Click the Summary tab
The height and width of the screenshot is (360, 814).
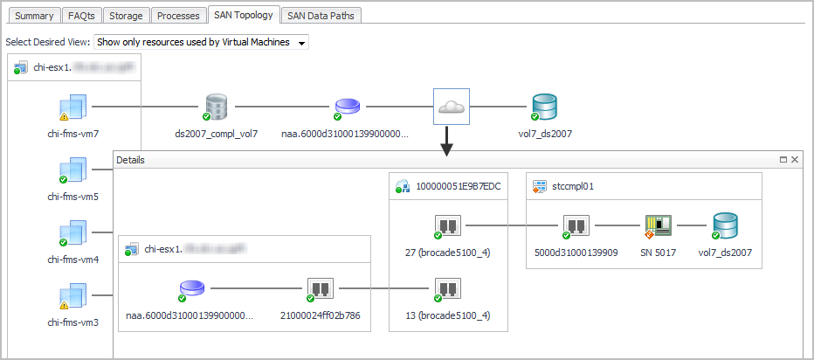click(33, 15)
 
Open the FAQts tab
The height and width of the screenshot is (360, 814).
click(80, 15)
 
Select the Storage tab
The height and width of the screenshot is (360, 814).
click(125, 15)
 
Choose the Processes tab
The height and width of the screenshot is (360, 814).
click(178, 15)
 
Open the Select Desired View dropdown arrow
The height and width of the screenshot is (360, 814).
click(302, 42)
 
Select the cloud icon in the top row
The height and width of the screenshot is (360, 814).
click(452, 107)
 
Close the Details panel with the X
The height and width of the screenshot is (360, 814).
click(794, 160)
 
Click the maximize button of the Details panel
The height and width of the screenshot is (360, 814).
click(783, 160)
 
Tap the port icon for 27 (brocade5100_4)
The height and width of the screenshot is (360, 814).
click(448, 227)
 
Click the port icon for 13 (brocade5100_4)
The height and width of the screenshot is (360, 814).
click(448, 289)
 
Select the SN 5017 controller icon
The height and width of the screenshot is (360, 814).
click(658, 227)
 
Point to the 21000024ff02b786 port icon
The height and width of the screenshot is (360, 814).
click(320, 289)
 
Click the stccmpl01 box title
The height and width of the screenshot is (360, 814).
click(573, 186)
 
